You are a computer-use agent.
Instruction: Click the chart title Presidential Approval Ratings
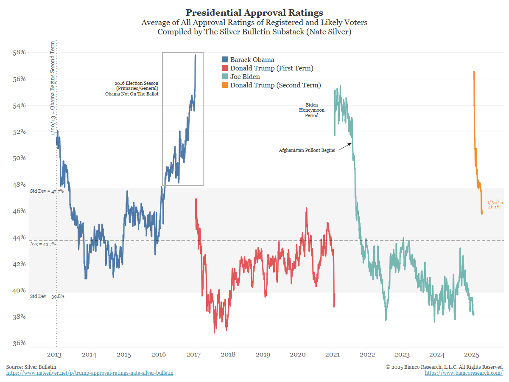click(255, 12)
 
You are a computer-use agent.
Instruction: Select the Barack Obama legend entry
click(252, 60)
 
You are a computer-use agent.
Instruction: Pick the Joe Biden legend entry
click(245, 77)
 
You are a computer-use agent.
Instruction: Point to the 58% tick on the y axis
click(19, 52)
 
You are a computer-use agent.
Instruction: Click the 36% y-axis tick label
click(19, 343)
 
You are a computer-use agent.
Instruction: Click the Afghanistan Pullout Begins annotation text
click(307, 150)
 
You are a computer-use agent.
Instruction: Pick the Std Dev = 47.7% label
click(47, 191)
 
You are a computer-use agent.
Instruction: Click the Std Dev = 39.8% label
click(47, 296)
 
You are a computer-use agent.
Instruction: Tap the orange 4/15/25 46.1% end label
click(493, 205)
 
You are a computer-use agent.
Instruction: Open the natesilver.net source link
click(90, 373)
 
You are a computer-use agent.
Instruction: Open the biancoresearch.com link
click(464, 373)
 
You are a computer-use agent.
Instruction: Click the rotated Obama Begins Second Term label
click(53, 88)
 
